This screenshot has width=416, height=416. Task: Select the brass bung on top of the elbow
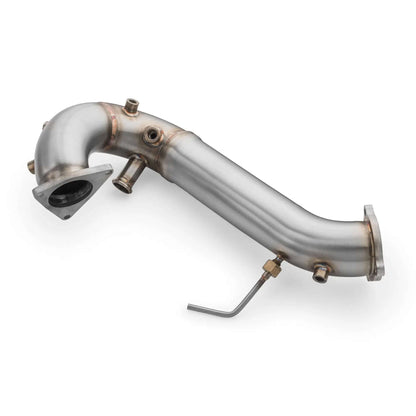[131, 106]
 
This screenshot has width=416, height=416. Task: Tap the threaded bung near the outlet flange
[321, 272]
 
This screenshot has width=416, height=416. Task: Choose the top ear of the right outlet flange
[372, 215]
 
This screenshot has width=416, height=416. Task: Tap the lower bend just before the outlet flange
[335, 235]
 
